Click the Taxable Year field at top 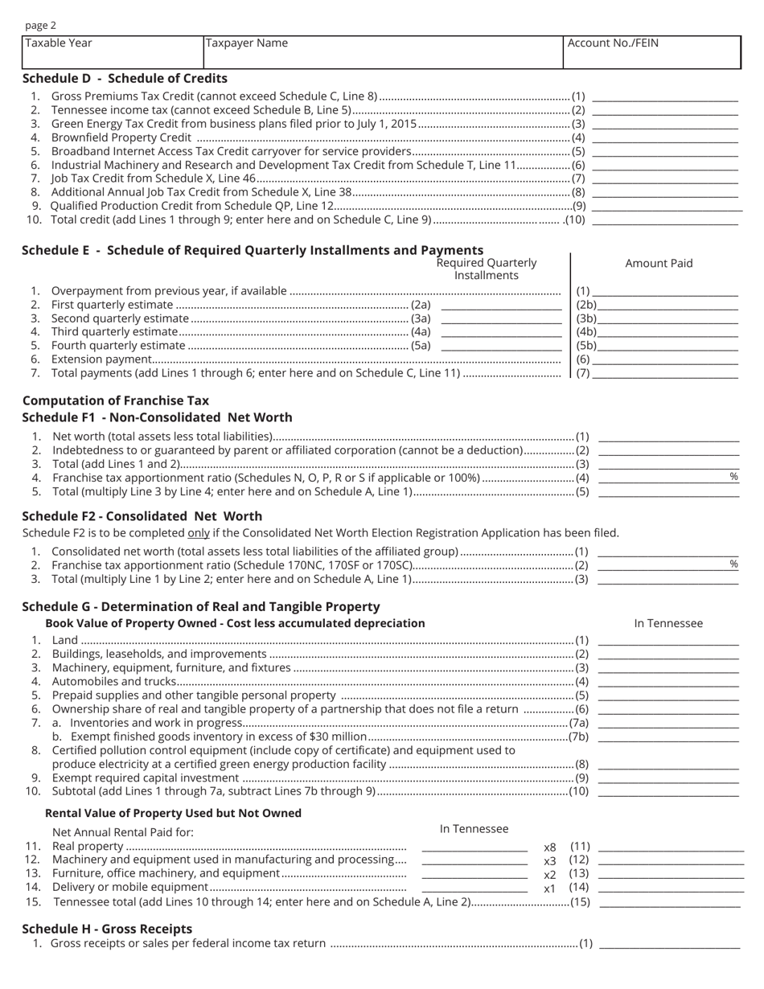[x=113, y=52]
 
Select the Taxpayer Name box [x=383, y=52]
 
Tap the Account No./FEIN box [x=651, y=52]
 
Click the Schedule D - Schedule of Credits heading [x=125, y=78]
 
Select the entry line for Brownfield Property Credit [x=664, y=137]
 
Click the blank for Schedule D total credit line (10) [x=664, y=220]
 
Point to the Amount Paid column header [x=659, y=263]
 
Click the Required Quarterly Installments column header [x=486, y=269]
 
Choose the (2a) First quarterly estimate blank [x=501, y=306]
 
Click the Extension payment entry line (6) [x=664, y=360]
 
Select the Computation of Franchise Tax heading [x=116, y=400]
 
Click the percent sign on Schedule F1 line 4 [x=733, y=477]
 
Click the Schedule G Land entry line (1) [x=668, y=641]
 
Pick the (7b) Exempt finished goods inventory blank [x=668, y=737]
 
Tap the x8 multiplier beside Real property [x=550, y=847]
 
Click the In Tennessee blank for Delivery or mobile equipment [x=474, y=888]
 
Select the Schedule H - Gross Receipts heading [x=107, y=929]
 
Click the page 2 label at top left [x=41, y=26]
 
